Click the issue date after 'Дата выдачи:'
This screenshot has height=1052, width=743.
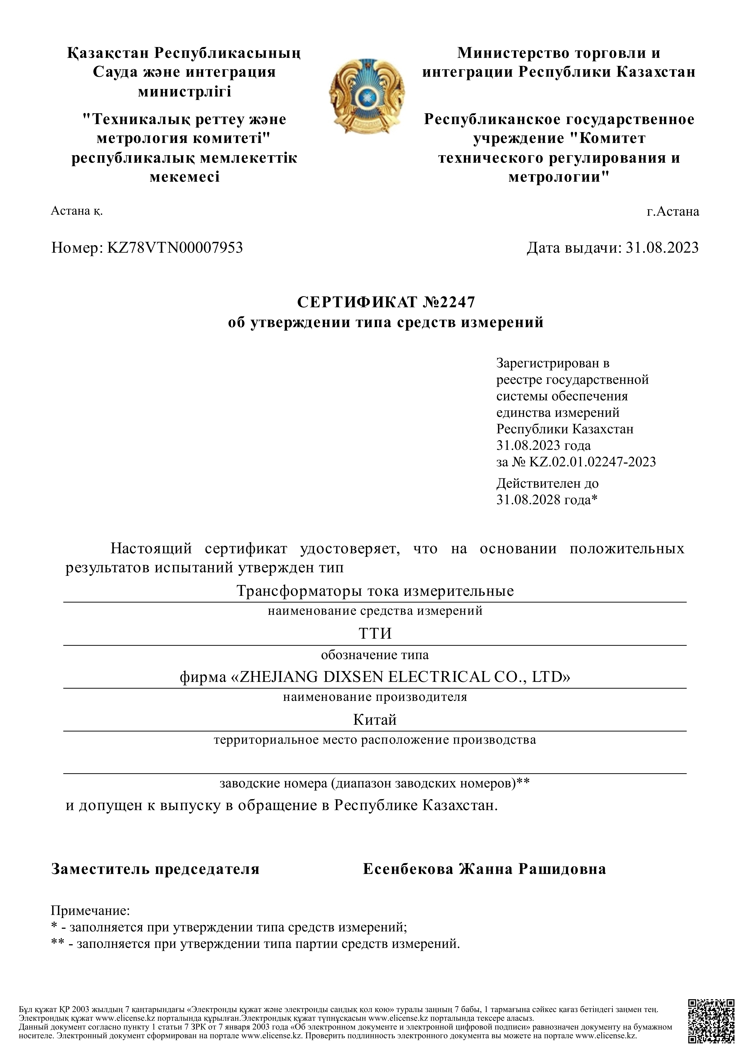662,248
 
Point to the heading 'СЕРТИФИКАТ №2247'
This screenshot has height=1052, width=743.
386,302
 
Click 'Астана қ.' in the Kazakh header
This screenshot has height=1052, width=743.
76,211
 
